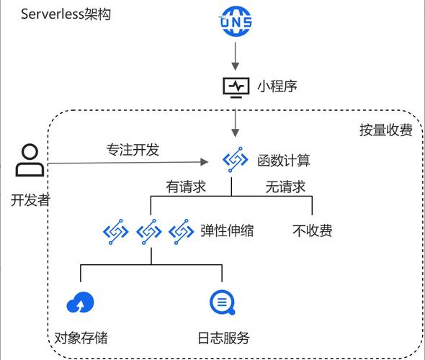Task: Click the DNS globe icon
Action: [236, 22]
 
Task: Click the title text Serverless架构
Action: [66, 14]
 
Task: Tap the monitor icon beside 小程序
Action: [235, 86]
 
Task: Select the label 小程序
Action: [277, 86]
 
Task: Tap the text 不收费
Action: [313, 231]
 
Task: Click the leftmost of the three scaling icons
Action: [116, 231]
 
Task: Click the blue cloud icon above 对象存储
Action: [80, 303]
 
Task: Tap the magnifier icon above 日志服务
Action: [220, 302]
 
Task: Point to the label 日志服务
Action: [223, 338]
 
